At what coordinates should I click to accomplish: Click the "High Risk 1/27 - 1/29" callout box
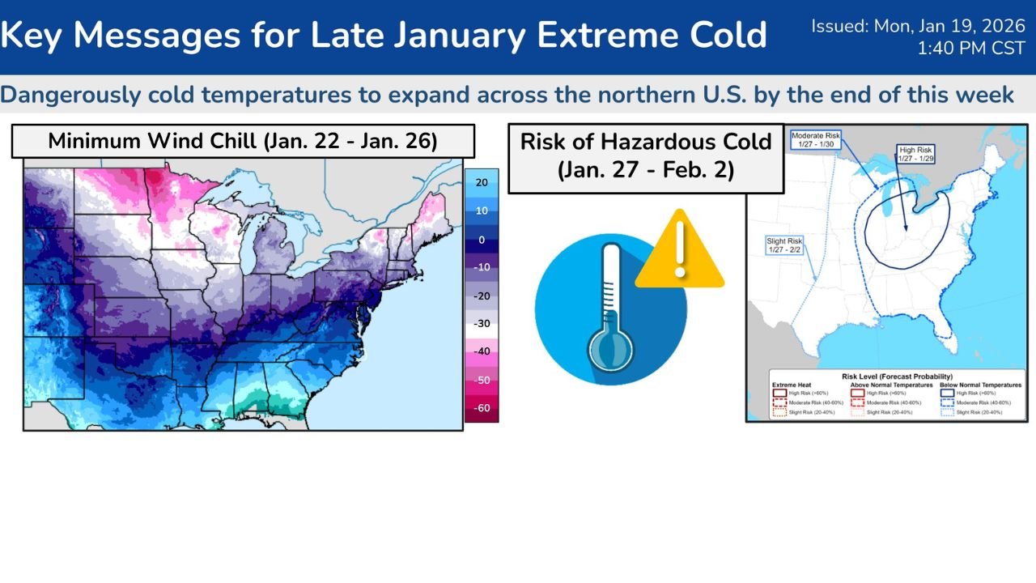coord(915,155)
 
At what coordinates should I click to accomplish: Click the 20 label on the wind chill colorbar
coord(482,183)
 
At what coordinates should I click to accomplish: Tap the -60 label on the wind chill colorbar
coord(482,408)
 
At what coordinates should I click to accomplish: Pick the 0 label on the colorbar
coord(482,240)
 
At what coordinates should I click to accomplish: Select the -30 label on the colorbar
coord(482,324)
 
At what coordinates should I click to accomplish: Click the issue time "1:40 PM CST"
coord(970,49)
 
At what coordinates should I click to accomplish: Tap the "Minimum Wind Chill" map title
coord(242,141)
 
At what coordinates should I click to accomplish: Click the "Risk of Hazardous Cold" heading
coord(645,142)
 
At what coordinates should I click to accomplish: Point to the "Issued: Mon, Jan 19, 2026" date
coord(918,26)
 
